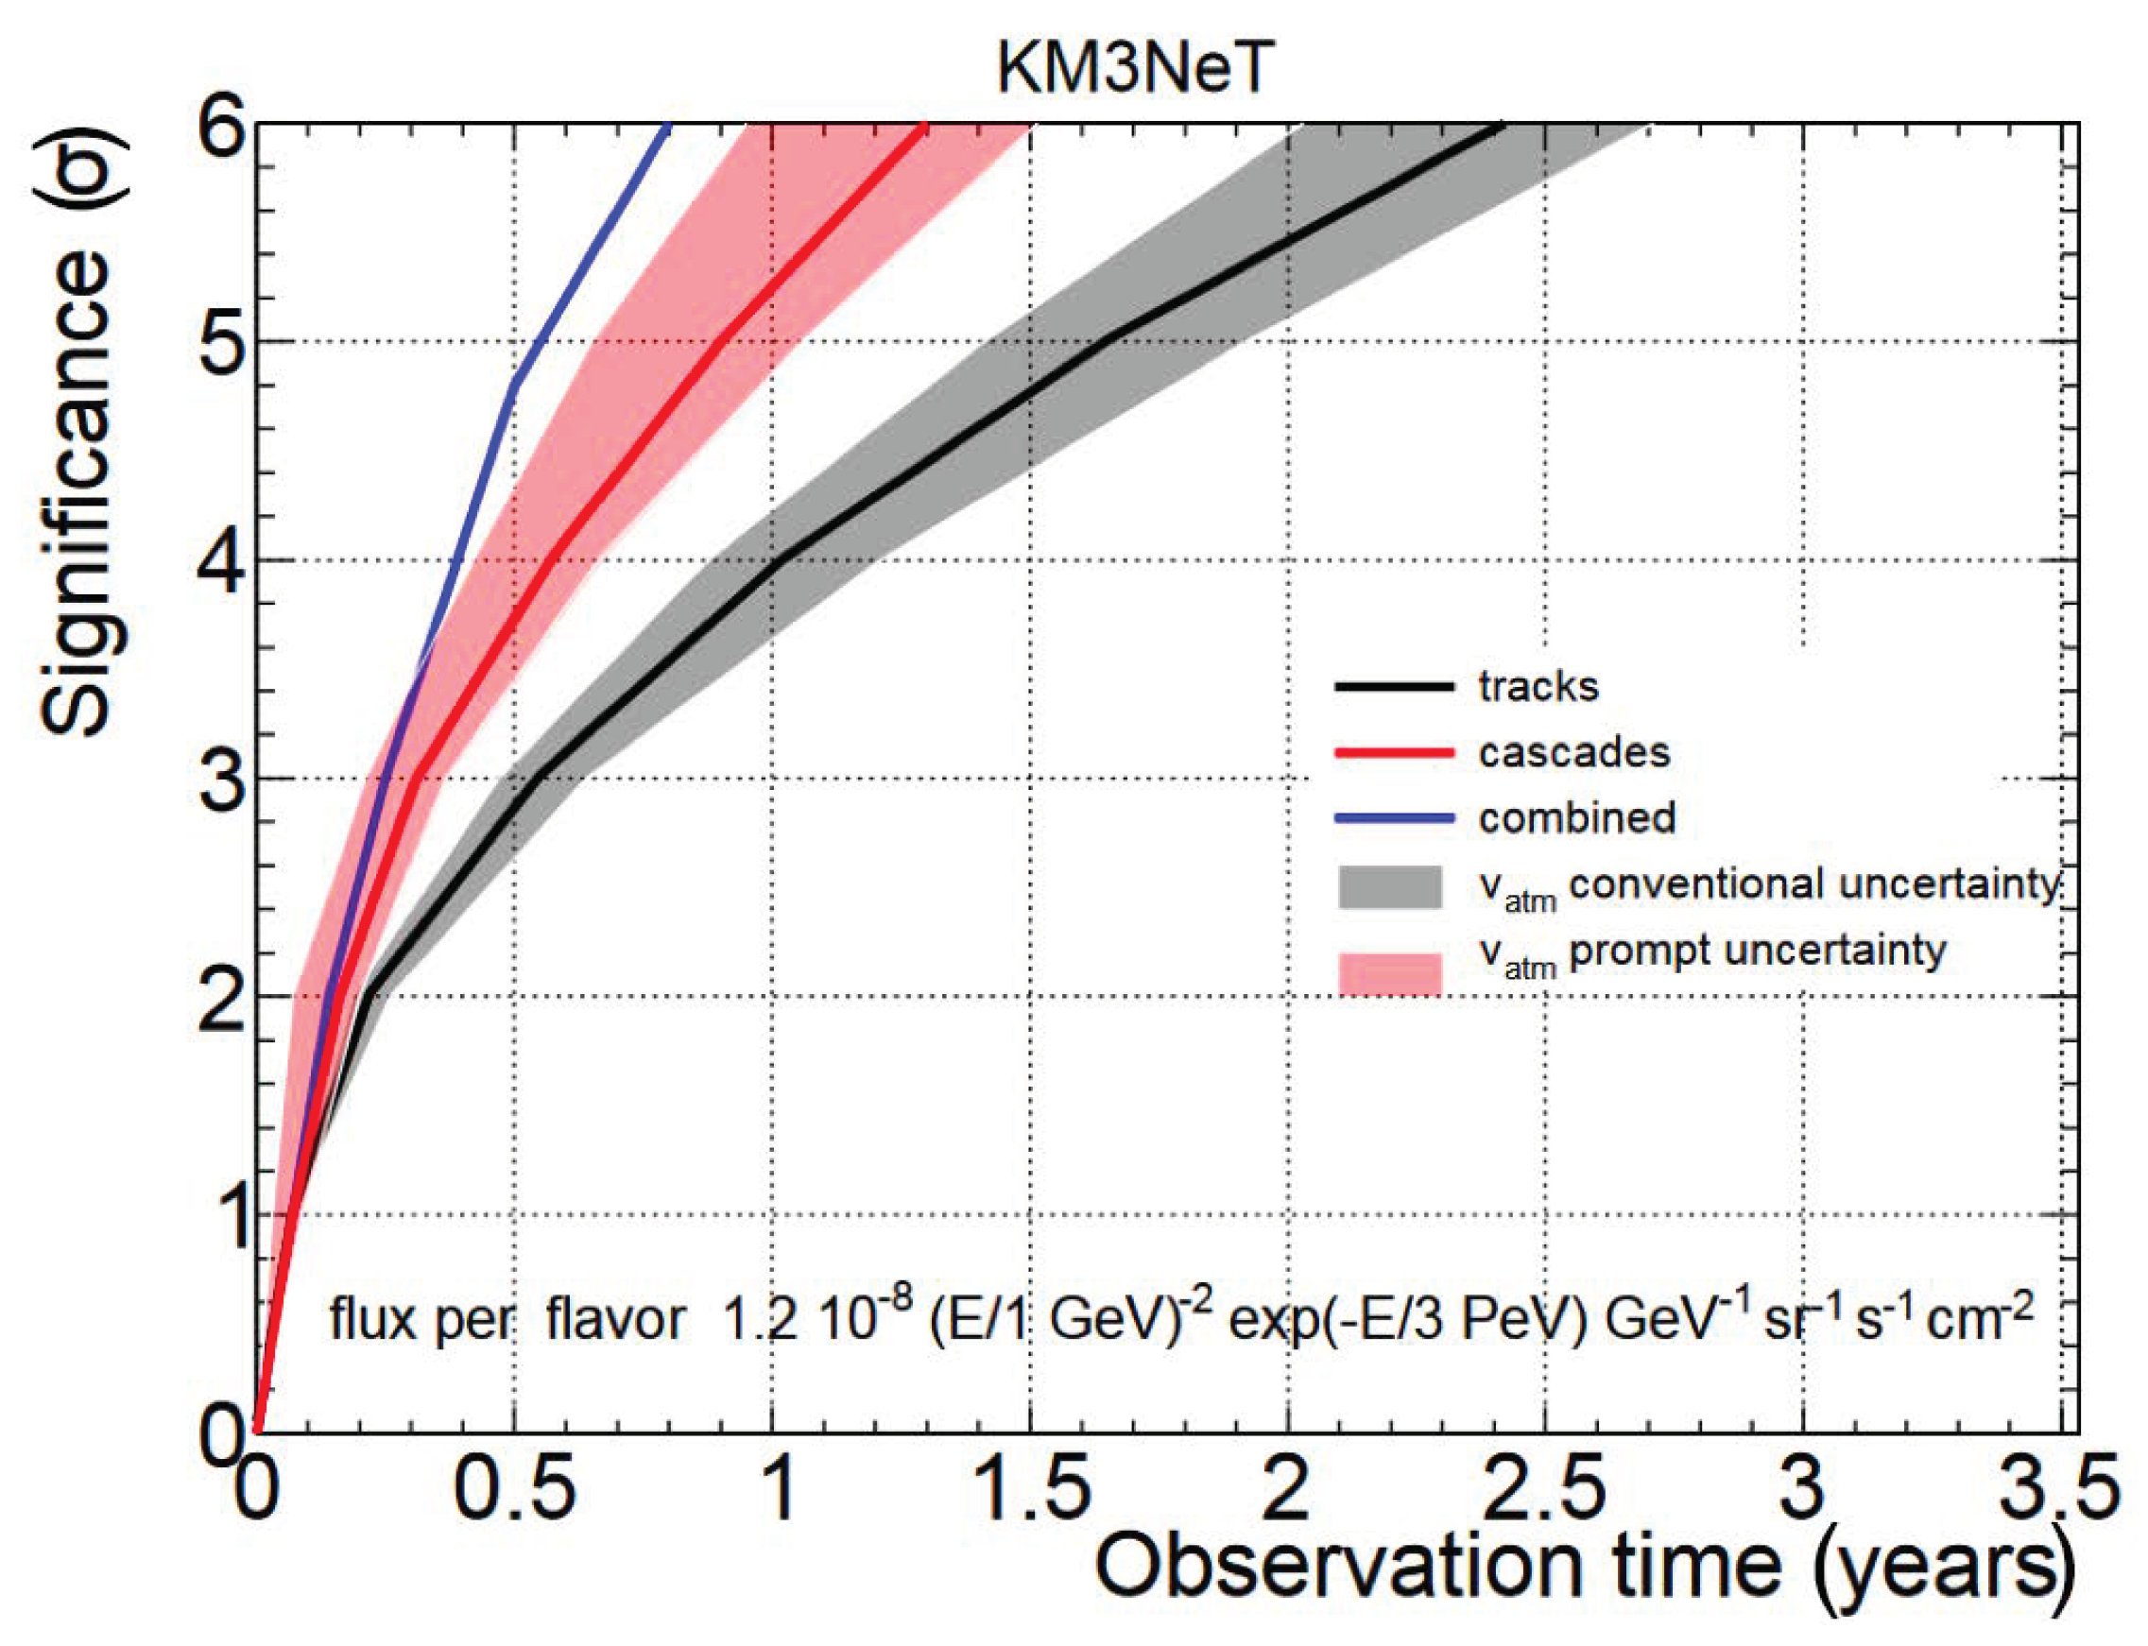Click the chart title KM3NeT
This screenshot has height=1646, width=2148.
(1134, 69)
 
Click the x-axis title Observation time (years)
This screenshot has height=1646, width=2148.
(1583, 1566)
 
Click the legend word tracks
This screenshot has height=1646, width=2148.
(1538, 687)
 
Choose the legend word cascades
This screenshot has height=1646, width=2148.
(1573, 752)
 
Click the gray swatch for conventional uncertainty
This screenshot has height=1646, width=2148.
(1389, 886)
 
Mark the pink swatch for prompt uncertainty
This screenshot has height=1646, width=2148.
(1389, 973)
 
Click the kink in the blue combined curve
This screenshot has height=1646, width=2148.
(514, 384)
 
